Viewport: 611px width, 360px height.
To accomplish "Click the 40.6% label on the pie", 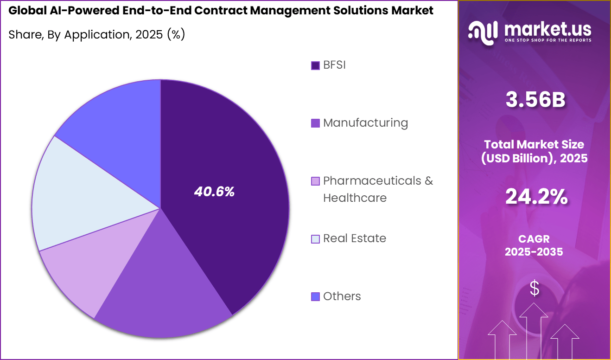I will click(x=214, y=192).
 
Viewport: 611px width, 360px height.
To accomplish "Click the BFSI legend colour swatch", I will click(x=315, y=65).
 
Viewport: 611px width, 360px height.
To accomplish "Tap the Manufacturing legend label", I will click(x=365, y=123).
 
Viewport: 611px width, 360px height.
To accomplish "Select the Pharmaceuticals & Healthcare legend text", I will click(x=378, y=189).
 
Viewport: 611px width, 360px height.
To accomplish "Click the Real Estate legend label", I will click(x=355, y=238).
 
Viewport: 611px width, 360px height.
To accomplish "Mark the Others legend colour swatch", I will click(x=315, y=296).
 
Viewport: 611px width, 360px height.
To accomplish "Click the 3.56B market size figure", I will click(x=535, y=101).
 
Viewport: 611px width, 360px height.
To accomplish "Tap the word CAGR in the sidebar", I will click(x=534, y=239).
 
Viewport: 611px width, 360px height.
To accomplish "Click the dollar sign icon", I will click(x=535, y=289).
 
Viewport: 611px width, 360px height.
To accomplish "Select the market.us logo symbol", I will click(x=483, y=32).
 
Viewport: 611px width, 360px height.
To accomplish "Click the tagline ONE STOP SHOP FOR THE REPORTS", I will click(x=548, y=40).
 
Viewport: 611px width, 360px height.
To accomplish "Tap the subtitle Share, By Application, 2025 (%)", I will click(x=97, y=34).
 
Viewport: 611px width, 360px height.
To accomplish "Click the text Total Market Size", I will click(x=534, y=144).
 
